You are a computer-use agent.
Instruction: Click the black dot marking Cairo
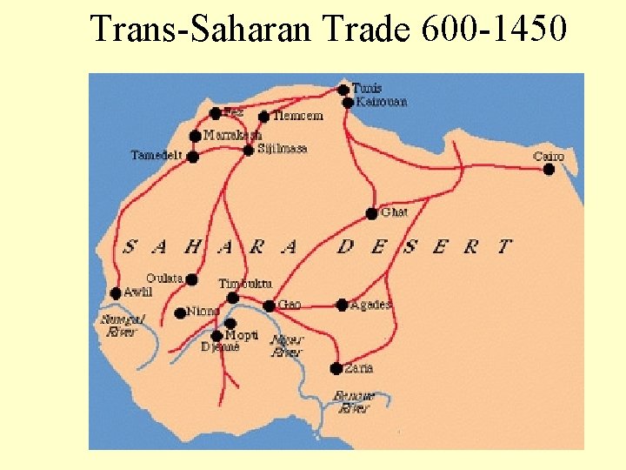click(549, 170)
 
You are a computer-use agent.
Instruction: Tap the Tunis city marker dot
click(343, 89)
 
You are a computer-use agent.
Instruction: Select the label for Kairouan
click(382, 102)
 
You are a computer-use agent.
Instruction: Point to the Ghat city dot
click(371, 213)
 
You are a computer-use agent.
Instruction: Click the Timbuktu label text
click(245, 284)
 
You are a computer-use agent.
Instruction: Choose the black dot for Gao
click(270, 305)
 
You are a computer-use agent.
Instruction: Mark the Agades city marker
click(342, 305)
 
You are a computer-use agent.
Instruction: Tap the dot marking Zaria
click(336, 368)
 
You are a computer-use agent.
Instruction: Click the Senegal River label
click(122, 326)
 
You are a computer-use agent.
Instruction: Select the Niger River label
click(287, 346)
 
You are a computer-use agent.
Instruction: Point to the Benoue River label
click(355, 402)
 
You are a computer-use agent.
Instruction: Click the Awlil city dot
click(116, 293)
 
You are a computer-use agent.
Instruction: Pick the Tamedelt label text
click(156, 156)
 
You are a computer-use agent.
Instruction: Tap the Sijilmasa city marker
click(249, 150)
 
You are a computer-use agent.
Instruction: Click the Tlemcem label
click(298, 116)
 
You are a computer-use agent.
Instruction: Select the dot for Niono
click(180, 313)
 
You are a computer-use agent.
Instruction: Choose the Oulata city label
click(164, 279)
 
